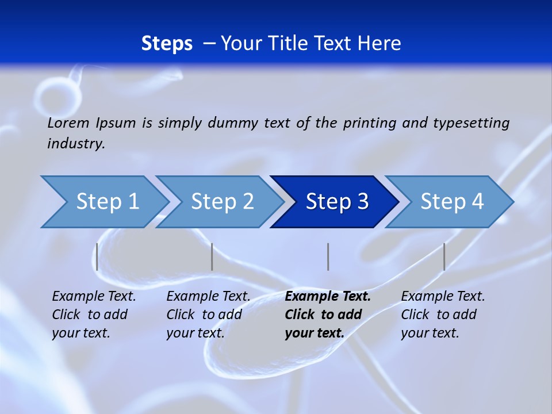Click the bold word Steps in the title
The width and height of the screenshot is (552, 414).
point(167,44)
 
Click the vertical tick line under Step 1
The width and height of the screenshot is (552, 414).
point(97,256)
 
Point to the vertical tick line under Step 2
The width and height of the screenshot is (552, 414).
point(212,256)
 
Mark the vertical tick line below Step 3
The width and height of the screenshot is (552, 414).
point(328,256)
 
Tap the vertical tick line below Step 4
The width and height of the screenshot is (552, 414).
point(444,256)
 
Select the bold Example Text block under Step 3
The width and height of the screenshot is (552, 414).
point(328,315)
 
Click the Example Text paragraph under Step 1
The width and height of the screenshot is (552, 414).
point(94,315)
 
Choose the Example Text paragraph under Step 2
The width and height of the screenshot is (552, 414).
point(208,315)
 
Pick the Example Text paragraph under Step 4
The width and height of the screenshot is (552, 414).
point(443,315)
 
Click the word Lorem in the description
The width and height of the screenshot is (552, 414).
point(68,123)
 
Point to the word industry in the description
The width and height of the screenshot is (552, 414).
point(76,144)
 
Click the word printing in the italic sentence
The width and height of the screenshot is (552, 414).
point(369,123)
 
